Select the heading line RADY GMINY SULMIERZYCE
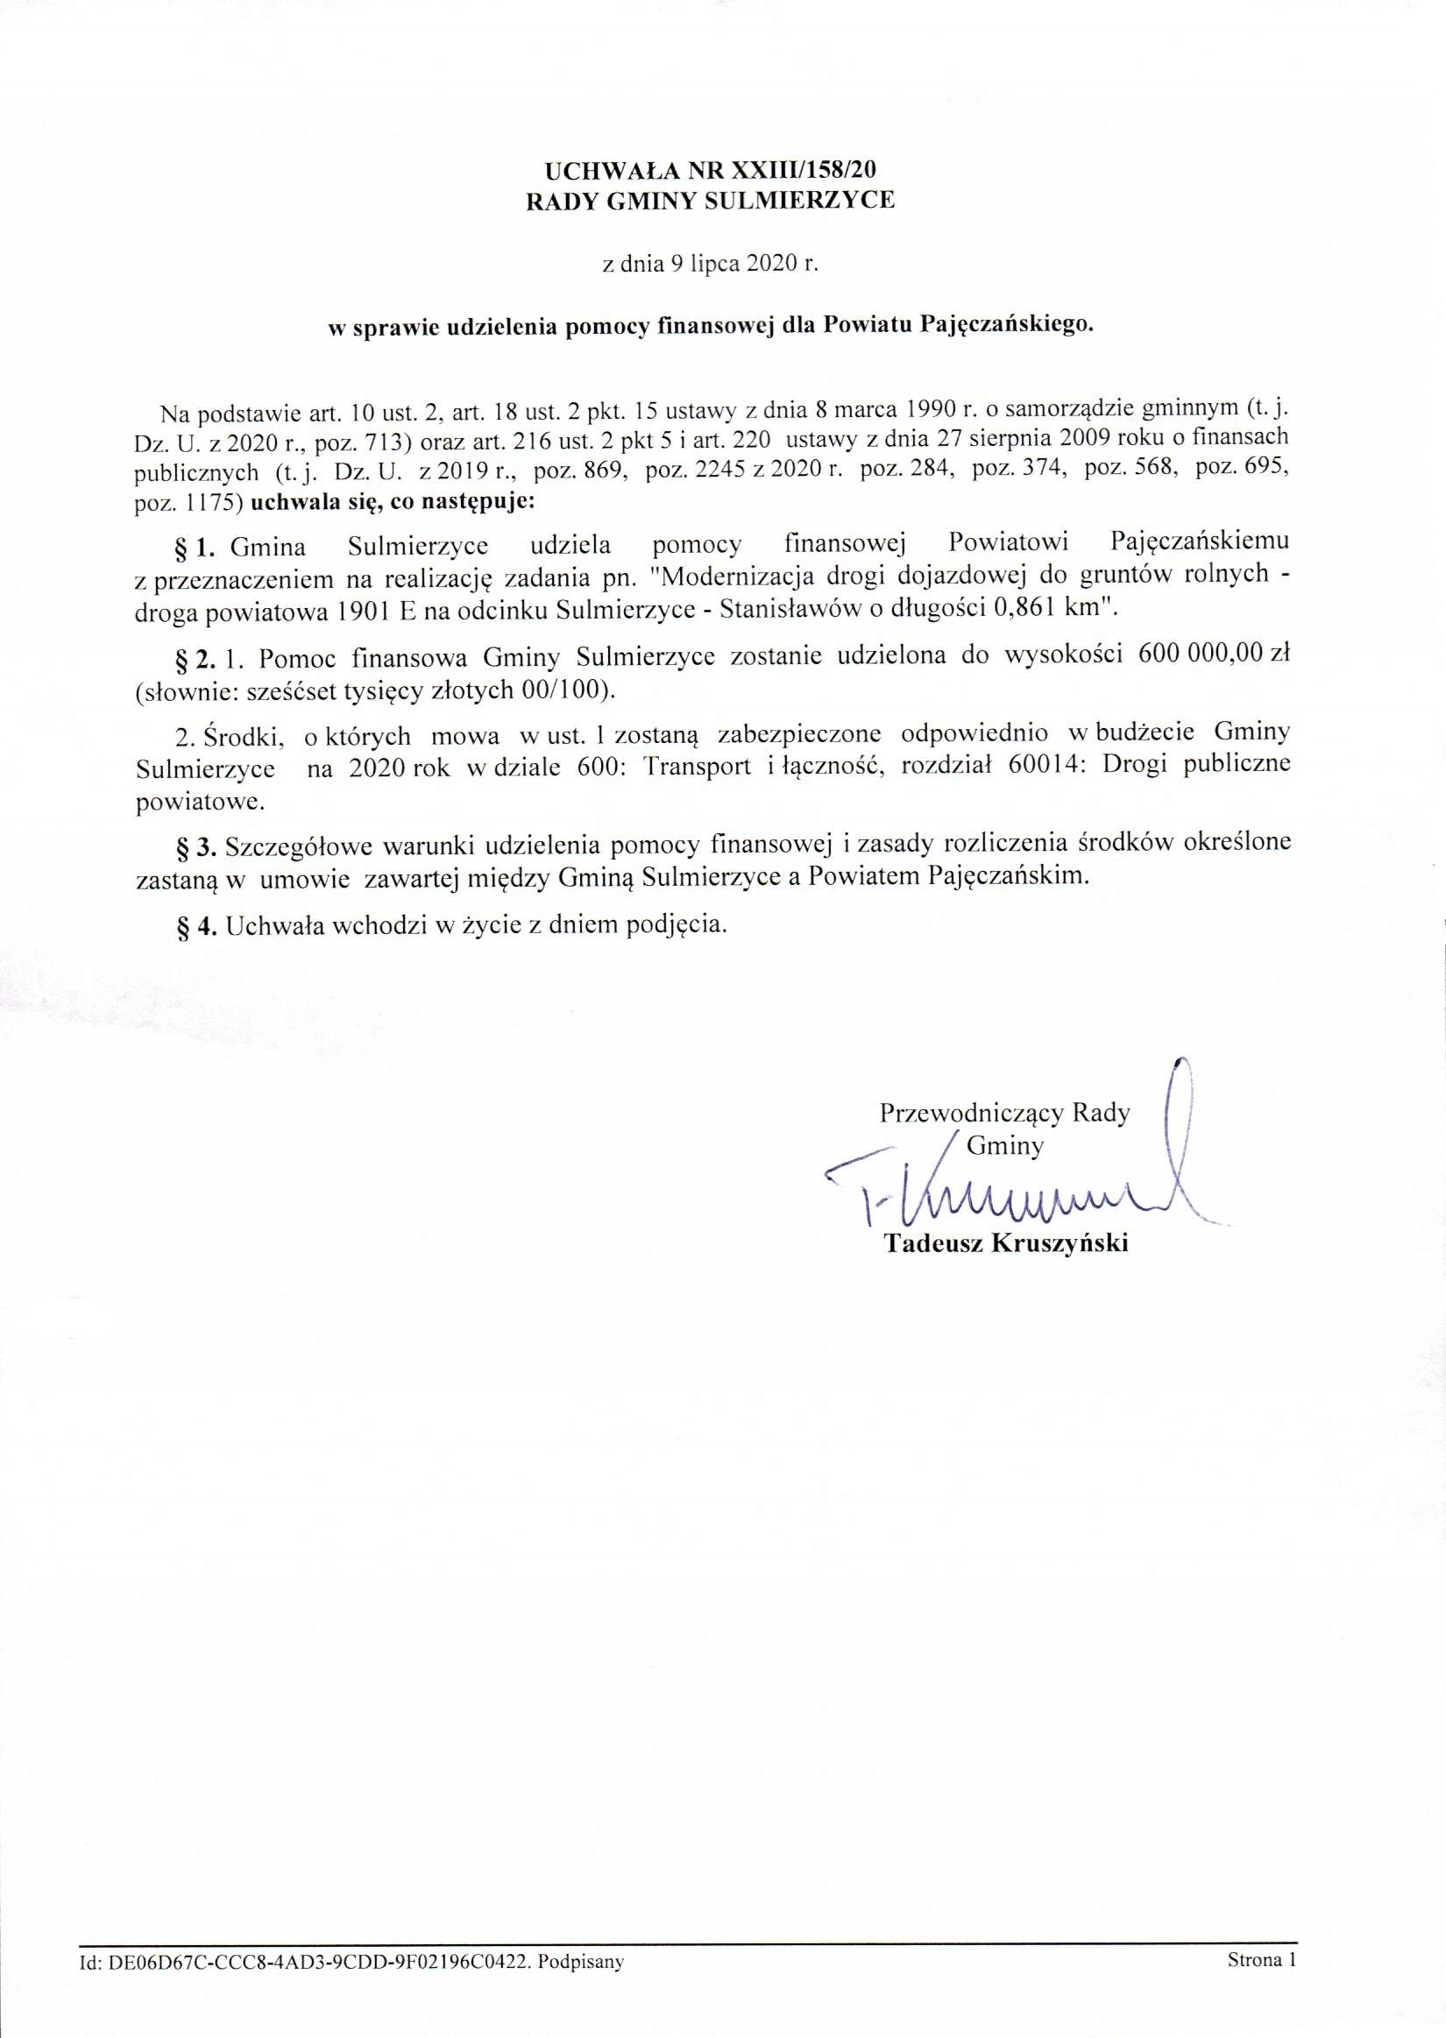tap(711, 202)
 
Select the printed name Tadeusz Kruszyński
tap(1005, 1242)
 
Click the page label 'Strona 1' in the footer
tap(1261, 1959)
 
